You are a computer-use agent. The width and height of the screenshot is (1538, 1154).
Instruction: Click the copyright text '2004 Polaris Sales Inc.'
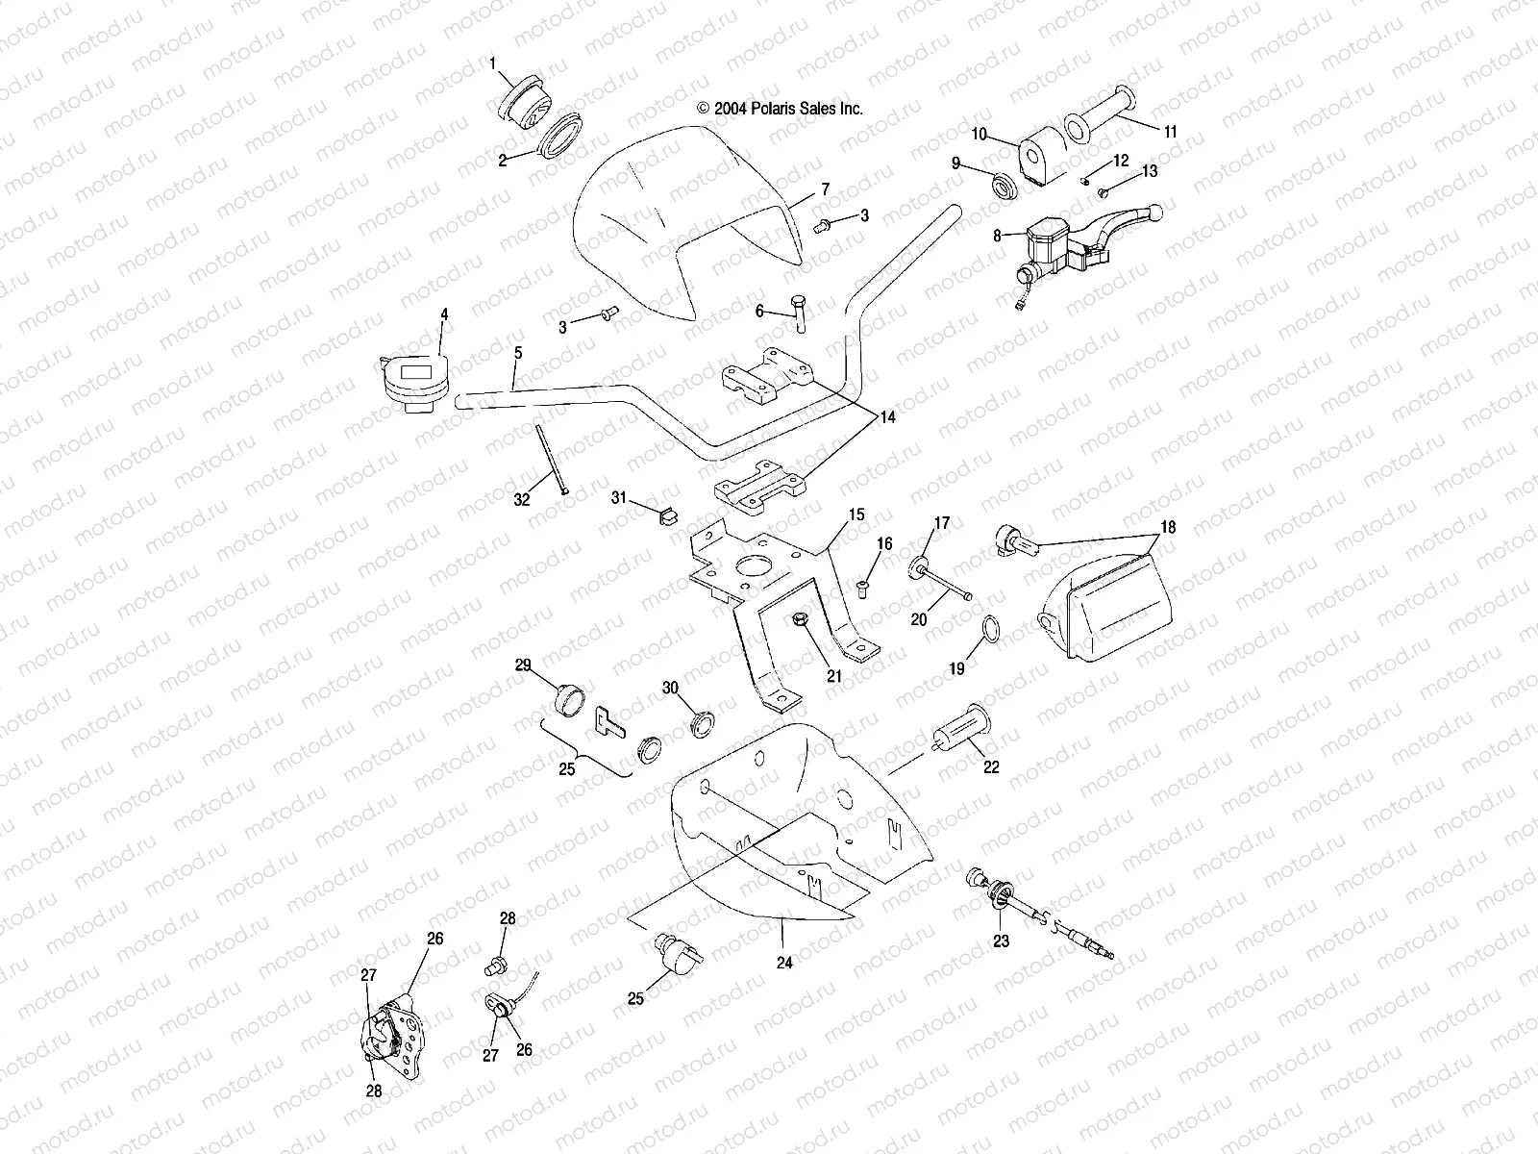[x=780, y=109]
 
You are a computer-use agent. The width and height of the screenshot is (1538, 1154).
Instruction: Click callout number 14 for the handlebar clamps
[x=886, y=417]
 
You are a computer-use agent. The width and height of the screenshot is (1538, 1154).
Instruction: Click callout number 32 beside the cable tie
[x=521, y=499]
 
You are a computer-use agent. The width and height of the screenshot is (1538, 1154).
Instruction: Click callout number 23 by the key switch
[x=1001, y=941]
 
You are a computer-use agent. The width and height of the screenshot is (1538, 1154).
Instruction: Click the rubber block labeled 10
[x=1036, y=159]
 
